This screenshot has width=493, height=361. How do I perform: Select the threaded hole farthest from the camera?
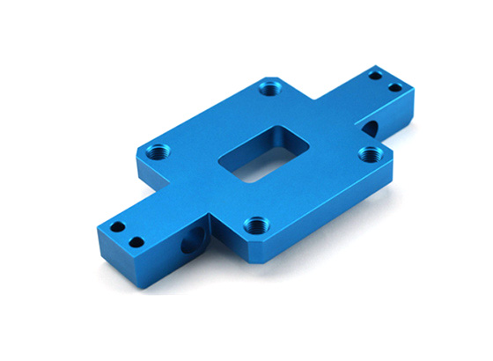[268, 87]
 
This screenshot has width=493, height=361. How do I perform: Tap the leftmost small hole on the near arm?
[115, 229]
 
